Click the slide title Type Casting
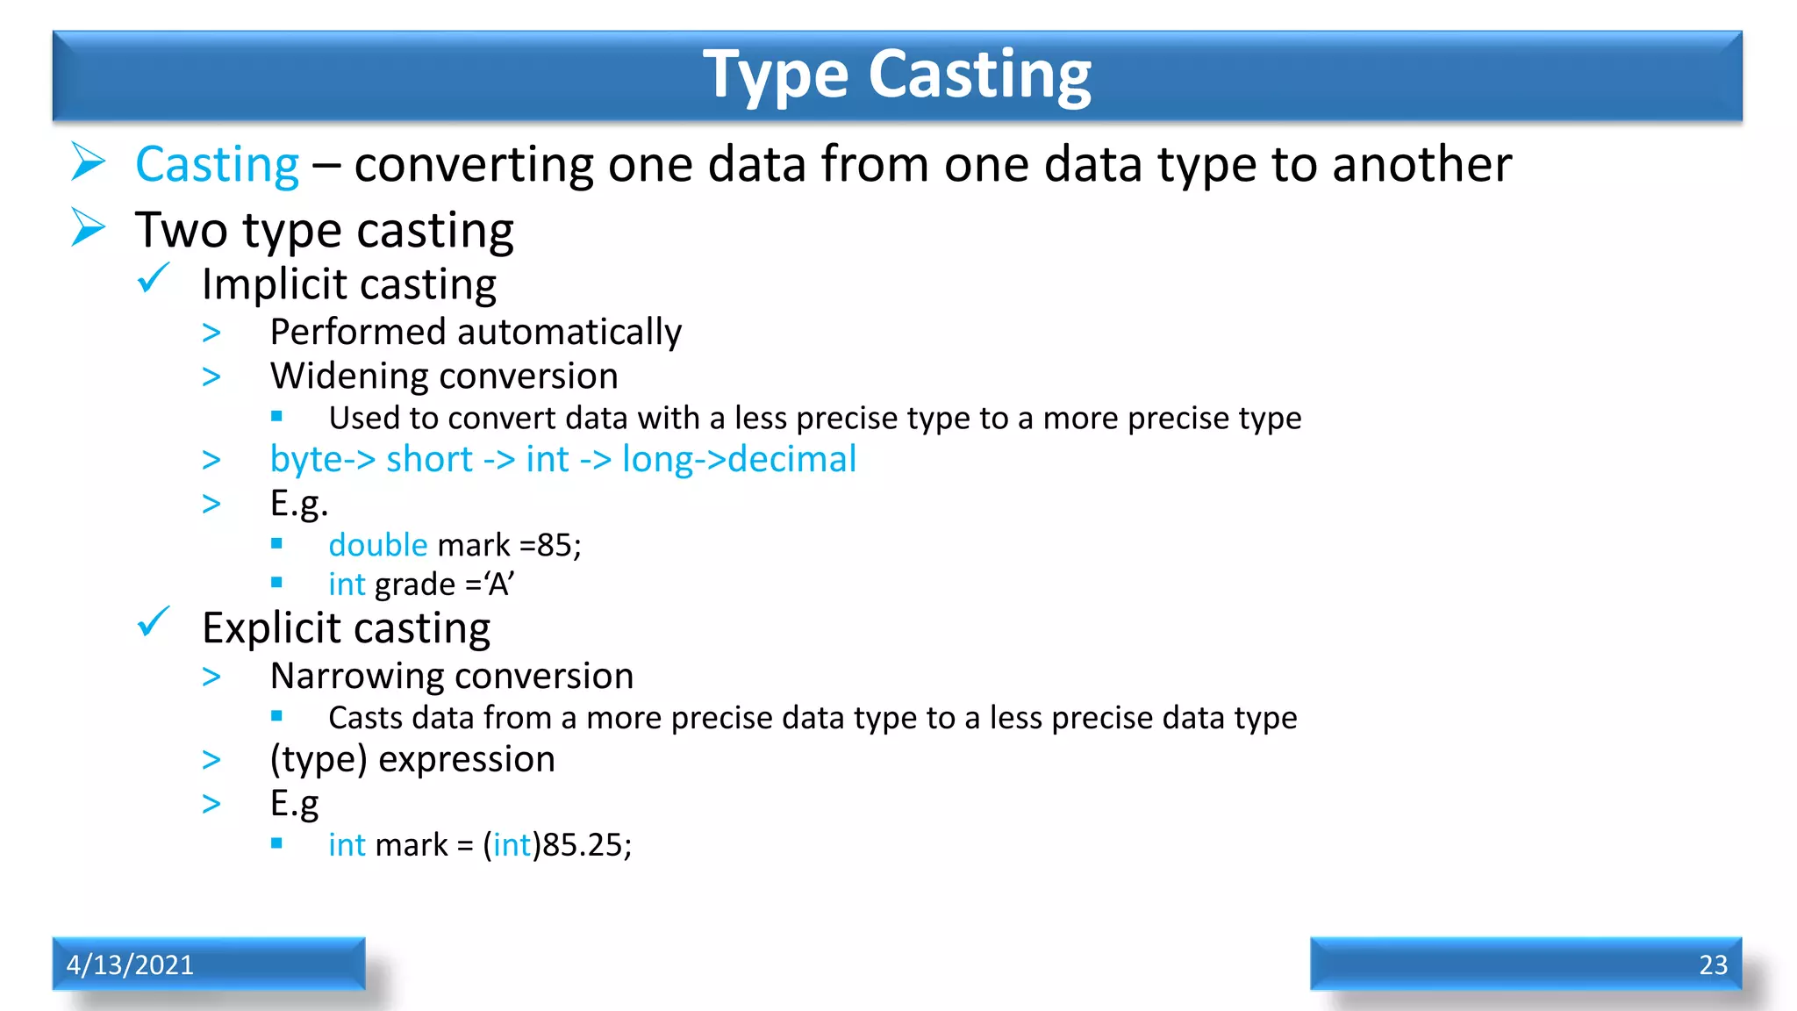(x=897, y=75)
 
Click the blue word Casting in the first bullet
(x=218, y=165)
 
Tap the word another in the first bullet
(x=1421, y=165)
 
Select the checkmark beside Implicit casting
(x=154, y=279)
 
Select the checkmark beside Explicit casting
(x=154, y=622)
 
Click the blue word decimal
(x=791, y=460)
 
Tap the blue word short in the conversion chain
(x=429, y=460)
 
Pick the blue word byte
(x=304, y=460)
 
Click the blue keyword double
(x=377, y=545)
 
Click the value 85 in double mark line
(x=555, y=545)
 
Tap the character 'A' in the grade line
(x=499, y=584)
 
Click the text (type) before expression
(x=318, y=760)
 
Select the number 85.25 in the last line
(x=582, y=845)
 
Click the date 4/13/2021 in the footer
(x=130, y=964)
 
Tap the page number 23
(x=1713, y=964)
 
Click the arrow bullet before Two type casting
(x=89, y=228)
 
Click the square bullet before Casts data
(x=276, y=716)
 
